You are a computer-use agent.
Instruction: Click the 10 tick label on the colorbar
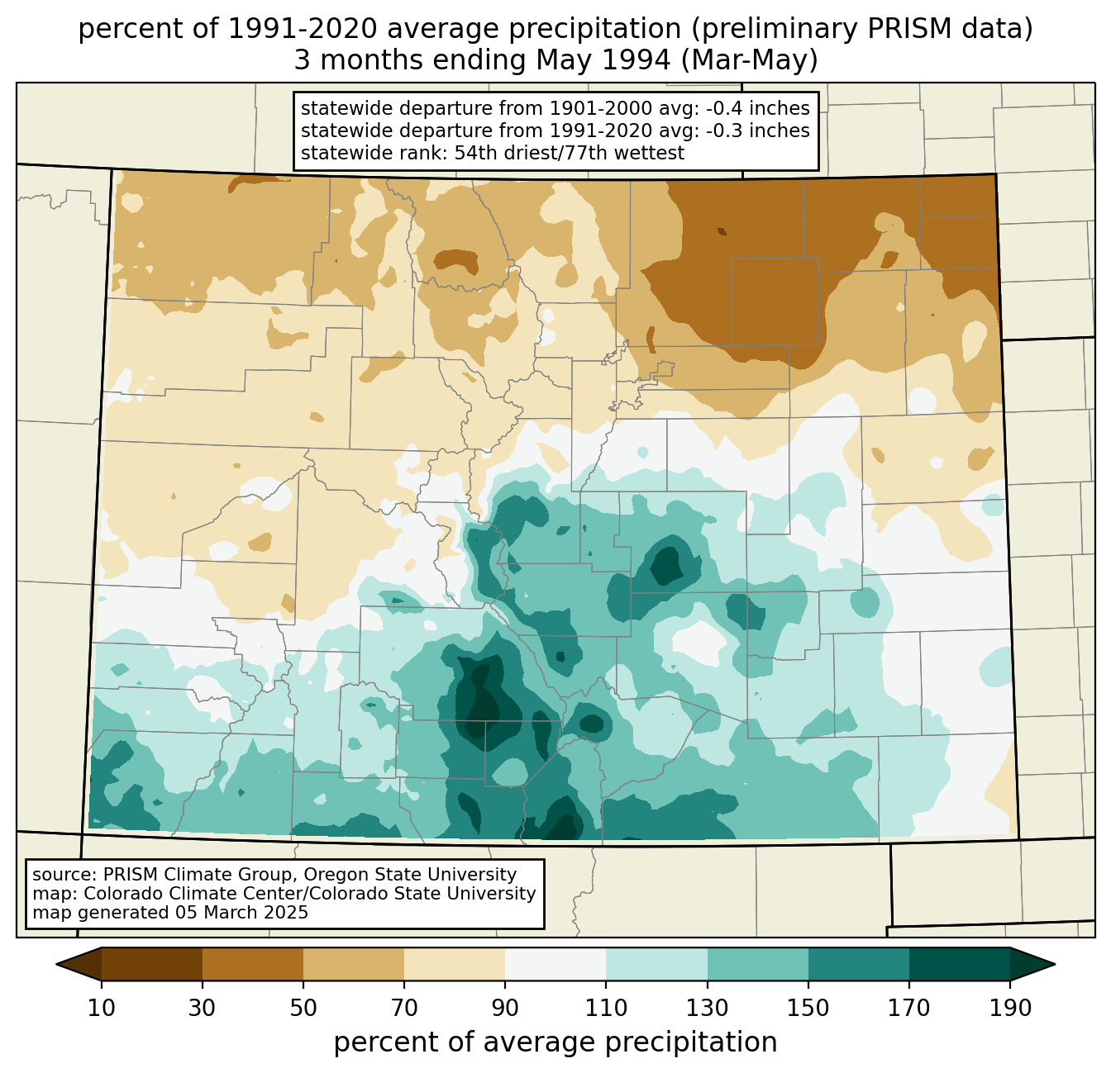tap(102, 1009)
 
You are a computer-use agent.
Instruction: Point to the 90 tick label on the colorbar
tap(505, 1009)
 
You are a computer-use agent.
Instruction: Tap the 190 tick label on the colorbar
tap(1010, 1009)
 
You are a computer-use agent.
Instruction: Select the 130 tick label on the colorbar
tap(708, 1009)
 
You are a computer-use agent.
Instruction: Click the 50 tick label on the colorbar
tap(303, 1009)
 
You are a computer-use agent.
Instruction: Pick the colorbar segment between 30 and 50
tap(253, 964)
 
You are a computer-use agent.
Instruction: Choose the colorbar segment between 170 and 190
tap(960, 964)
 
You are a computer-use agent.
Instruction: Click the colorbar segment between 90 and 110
tap(555, 964)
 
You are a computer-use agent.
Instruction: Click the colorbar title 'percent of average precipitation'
tap(555, 1042)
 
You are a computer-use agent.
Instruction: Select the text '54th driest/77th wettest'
tap(570, 153)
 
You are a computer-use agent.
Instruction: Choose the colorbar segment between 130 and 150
tap(758, 964)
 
